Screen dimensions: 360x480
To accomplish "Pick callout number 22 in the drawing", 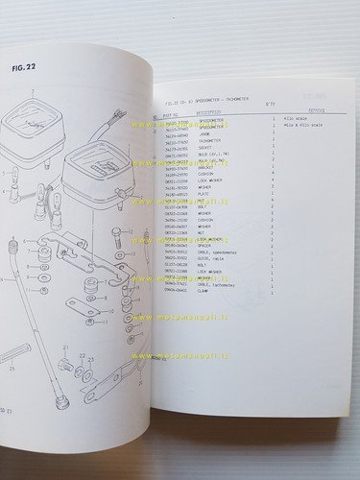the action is click(x=82, y=355).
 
